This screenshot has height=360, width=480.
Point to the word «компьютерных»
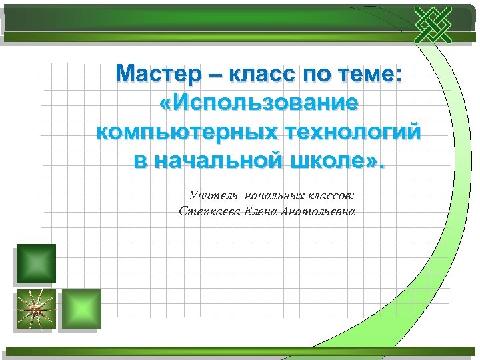point(179,132)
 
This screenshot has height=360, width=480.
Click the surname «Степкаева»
point(207,212)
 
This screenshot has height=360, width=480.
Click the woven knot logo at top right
point(433,26)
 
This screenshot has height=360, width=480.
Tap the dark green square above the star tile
point(36,264)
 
